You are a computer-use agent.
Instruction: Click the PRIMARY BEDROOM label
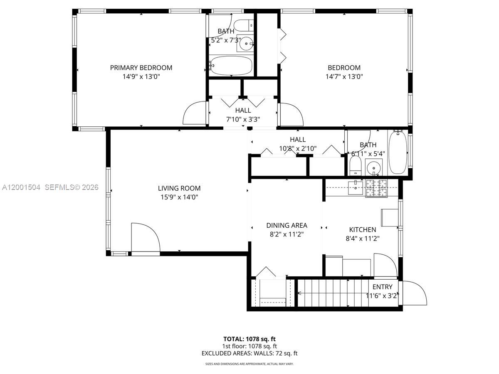(x=141, y=68)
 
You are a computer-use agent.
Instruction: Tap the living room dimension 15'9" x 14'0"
(x=179, y=197)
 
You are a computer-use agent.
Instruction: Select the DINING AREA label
(x=287, y=225)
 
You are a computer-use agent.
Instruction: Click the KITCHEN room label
(x=362, y=229)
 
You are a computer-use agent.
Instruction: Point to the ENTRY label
(x=382, y=287)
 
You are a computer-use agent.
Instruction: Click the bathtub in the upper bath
(x=231, y=66)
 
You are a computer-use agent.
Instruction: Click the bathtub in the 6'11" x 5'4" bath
(x=398, y=153)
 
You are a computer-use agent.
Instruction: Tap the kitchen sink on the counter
(x=356, y=187)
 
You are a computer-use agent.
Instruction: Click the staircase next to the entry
(x=333, y=293)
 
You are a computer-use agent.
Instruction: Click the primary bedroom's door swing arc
(x=195, y=112)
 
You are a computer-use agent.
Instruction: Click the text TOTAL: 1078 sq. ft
(x=249, y=339)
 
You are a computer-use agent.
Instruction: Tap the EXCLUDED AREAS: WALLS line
(x=249, y=354)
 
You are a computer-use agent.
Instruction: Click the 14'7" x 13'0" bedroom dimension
(x=344, y=76)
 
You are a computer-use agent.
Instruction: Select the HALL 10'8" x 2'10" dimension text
(x=297, y=148)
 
